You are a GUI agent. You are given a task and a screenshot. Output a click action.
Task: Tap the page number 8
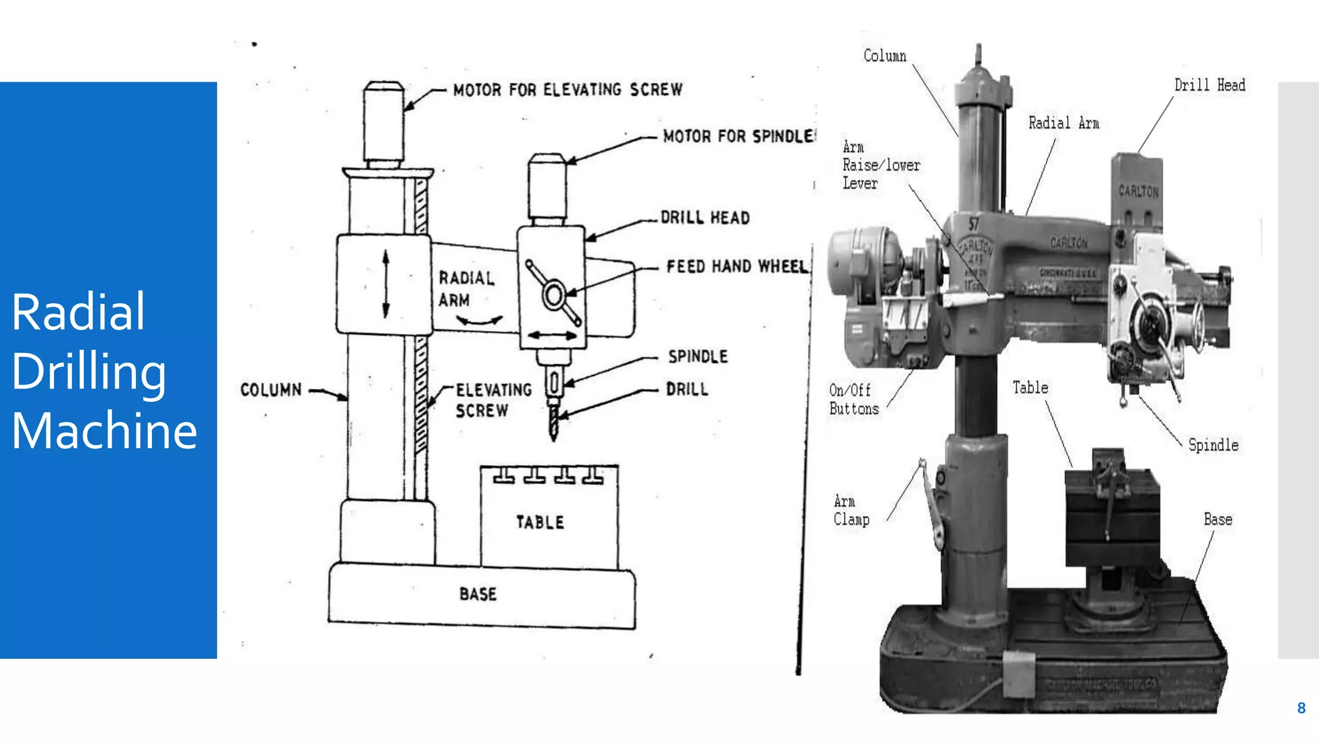point(1301,708)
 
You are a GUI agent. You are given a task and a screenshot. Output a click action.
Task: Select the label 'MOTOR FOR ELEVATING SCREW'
point(567,90)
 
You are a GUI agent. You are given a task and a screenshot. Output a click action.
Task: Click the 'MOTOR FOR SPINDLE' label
point(739,136)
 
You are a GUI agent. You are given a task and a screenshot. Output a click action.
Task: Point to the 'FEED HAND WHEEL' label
point(737,266)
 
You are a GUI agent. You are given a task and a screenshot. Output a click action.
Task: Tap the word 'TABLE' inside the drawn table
point(540,522)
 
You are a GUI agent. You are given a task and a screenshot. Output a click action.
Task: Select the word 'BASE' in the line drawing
point(478,594)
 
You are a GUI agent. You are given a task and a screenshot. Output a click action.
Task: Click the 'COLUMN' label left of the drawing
point(270,390)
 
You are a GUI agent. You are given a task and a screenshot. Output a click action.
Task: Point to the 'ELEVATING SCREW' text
point(493,400)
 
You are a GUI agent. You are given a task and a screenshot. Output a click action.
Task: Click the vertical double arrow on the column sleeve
point(386,284)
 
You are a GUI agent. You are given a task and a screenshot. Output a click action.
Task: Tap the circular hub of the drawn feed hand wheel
point(553,296)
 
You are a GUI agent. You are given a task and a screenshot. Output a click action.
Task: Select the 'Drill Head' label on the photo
point(1210,85)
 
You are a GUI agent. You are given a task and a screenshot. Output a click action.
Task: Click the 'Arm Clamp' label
point(851,510)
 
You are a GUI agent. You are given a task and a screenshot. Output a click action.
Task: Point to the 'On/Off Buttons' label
point(853,399)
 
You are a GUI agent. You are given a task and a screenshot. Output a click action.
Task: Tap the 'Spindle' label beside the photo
point(1213,445)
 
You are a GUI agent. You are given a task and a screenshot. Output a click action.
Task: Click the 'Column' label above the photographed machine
point(884,56)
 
